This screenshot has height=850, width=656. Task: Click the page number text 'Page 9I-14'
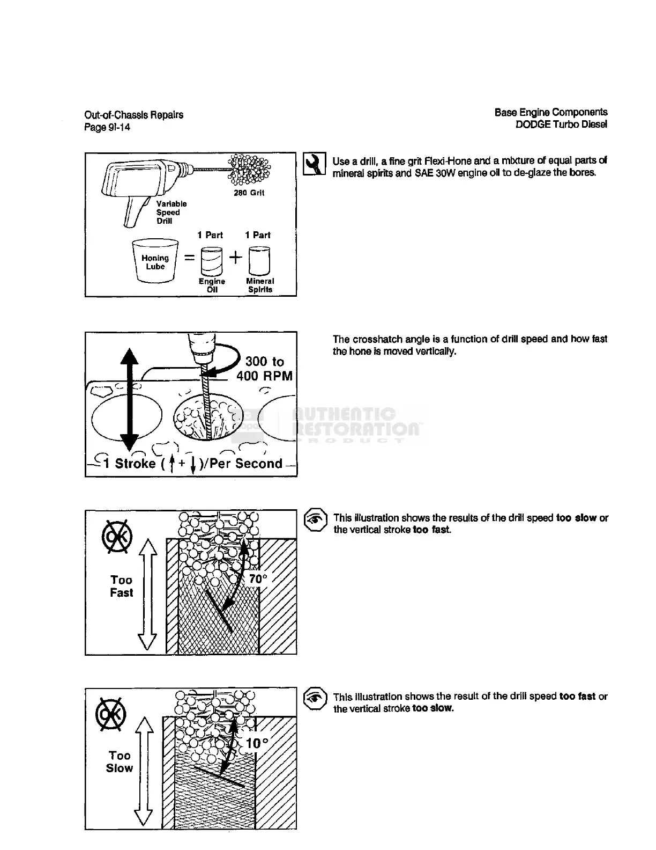[x=107, y=127]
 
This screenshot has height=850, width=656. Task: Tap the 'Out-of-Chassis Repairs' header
[x=133, y=114]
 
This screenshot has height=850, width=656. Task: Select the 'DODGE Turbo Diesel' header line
[x=561, y=124]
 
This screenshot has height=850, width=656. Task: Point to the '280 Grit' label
[x=249, y=193]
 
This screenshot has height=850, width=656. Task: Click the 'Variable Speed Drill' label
[x=171, y=212]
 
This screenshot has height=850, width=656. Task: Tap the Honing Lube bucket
[x=155, y=261]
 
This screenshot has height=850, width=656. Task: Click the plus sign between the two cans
[x=236, y=258]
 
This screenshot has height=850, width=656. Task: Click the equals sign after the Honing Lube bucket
[x=189, y=258]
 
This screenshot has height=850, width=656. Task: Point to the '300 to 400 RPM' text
[x=265, y=369]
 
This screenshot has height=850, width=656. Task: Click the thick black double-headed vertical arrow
[x=129, y=400]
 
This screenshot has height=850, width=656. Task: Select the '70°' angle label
[x=258, y=579]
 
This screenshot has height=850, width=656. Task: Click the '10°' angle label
[x=257, y=743]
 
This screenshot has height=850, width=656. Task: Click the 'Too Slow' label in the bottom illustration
[x=120, y=761]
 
